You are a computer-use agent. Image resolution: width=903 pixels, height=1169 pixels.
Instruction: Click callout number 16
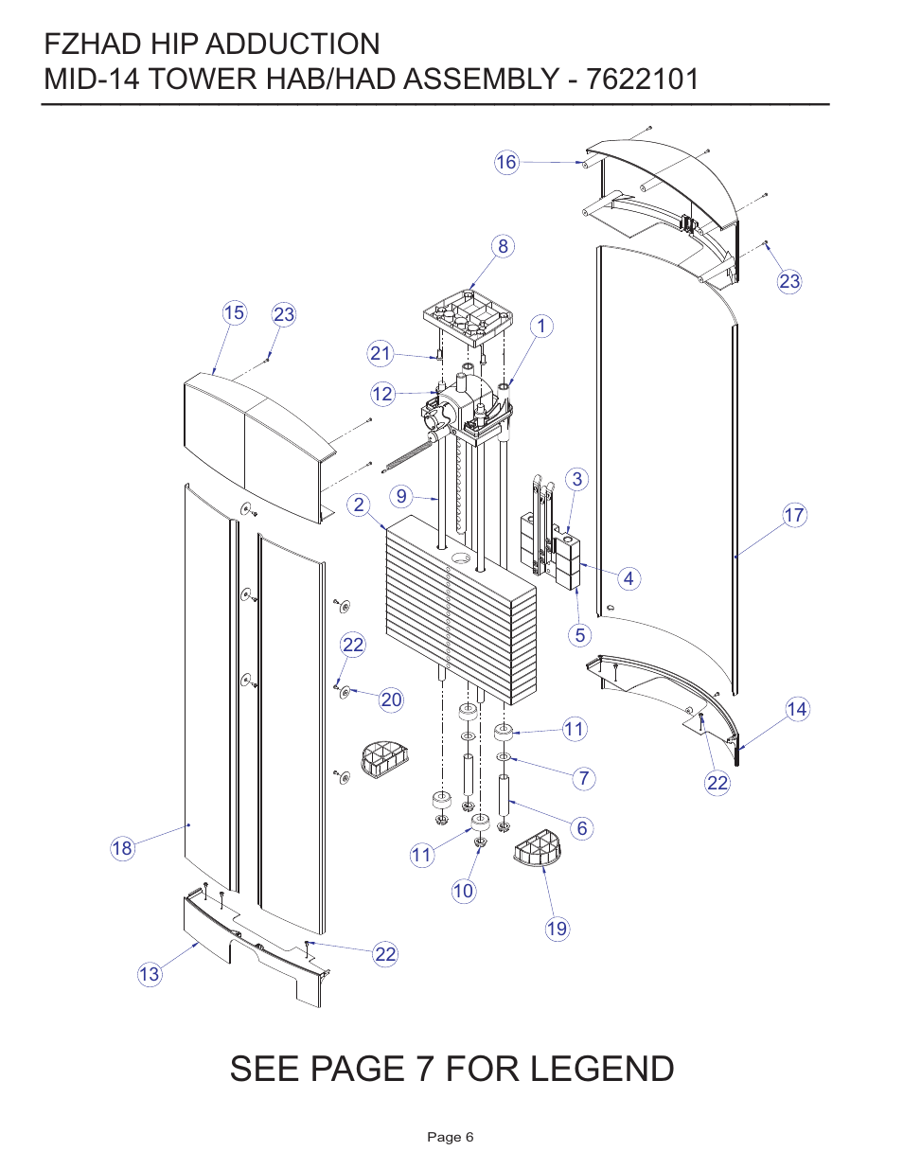point(506,162)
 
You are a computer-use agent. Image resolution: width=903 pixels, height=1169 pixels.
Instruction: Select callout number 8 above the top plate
point(503,246)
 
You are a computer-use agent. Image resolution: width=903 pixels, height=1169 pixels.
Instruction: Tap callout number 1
point(540,327)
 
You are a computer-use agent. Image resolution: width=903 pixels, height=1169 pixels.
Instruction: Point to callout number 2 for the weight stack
point(358,505)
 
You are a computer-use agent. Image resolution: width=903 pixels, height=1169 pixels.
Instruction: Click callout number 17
point(794,515)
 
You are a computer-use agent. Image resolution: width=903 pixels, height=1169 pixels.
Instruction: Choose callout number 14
point(797,709)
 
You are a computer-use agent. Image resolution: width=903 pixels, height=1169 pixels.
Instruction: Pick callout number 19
point(558,929)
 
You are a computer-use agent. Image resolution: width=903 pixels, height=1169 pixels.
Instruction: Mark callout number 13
point(150,974)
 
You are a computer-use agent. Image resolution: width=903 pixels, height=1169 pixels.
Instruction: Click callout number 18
point(122,848)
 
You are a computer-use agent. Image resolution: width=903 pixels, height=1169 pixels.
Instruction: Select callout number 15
point(234,313)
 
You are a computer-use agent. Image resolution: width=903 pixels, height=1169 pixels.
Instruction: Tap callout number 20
point(391,700)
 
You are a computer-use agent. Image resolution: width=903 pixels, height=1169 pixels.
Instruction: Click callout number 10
point(463,891)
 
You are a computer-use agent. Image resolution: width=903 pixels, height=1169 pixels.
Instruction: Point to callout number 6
point(582,828)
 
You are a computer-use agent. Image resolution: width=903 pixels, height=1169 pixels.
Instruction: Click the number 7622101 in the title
point(643,79)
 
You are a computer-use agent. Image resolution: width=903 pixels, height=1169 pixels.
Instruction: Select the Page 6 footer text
point(451,1137)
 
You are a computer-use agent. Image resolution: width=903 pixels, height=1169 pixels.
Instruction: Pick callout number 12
point(382,394)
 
